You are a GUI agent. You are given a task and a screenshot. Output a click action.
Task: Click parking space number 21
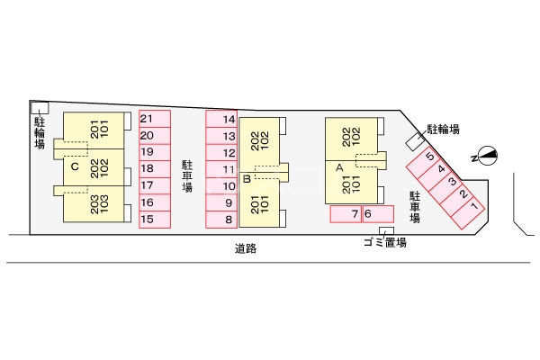pos(155,119)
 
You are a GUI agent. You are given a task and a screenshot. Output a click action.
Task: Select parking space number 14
pos(221,119)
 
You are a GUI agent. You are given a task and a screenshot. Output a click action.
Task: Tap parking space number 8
pos(221,220)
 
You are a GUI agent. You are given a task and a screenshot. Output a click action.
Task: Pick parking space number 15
pos(155,220)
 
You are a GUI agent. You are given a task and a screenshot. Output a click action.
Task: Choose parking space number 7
pos(346,214)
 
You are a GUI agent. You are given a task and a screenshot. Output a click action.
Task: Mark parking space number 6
pos(378,214)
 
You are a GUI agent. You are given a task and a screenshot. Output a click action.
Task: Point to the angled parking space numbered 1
pos(468,212)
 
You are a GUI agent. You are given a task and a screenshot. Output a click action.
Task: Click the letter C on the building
pos(75,166)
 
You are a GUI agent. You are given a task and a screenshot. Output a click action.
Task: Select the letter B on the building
pos(247,179)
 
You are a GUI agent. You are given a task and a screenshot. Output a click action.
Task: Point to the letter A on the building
pos(339,167)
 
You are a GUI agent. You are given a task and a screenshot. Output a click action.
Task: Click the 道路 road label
pos(246,248)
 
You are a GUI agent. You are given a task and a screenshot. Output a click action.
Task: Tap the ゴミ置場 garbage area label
pos(385,242)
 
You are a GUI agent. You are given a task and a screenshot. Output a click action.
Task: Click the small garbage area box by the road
pos(386,230)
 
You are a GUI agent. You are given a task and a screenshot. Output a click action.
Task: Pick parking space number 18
pos(155,169)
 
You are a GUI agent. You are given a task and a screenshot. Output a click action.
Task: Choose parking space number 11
pos(221,169)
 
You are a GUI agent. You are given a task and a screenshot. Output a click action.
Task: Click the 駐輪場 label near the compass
pos(443,130)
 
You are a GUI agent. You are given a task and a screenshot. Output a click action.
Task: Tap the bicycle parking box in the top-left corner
pos(40,107)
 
